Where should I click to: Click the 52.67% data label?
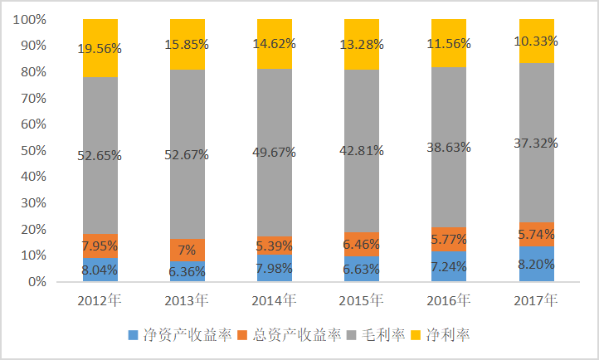click(187, 154)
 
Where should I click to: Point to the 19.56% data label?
click(100, 49)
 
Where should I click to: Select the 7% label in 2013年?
click(187, 250)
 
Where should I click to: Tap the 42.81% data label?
click(362, 150)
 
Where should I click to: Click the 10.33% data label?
click(535, 41)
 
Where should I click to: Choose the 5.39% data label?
click(275, 246)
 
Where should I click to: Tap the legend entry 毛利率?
click(379, 335)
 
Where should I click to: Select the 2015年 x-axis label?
click(362, 299)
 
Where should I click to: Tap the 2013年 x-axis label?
click(187, 299)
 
